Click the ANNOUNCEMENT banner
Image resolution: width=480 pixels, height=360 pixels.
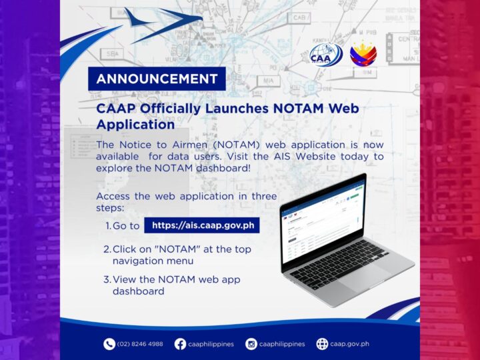[x=157, y=79]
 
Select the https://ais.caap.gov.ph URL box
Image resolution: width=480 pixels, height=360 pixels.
[x=202, y=225]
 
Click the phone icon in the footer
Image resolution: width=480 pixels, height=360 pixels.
[x=109, y=344]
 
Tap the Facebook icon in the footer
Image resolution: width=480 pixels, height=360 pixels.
[x=180, y=344]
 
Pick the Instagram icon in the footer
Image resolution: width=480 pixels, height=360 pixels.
[x=251, y=344]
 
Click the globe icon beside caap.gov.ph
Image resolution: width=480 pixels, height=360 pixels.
[x=322, y=344]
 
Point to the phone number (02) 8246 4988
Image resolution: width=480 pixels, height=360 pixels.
[x=140, y=344]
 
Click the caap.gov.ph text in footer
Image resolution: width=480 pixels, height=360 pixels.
[x=351, y=344]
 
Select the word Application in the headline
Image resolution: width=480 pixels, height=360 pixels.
[x=135, y=124]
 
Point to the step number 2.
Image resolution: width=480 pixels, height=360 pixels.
[x=107, y=249]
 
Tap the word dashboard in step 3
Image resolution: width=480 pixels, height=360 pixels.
[x=138, y=291]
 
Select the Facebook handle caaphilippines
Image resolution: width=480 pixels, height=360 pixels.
[x=211, y=344]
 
